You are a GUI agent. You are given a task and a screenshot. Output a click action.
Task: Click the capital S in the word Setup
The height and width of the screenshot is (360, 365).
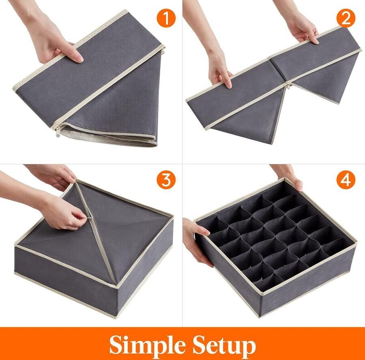pos(198,344)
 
